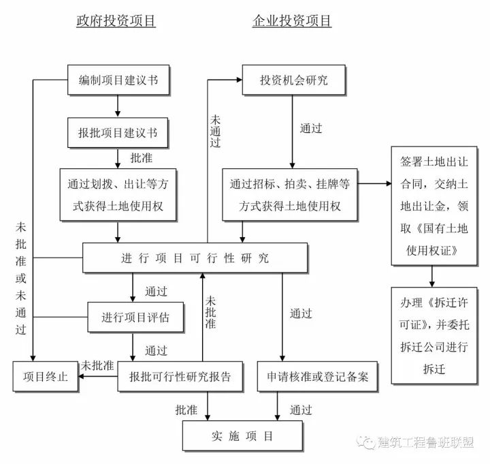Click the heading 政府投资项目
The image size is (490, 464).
tap(116, 21)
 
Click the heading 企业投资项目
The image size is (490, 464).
tap(292, 21)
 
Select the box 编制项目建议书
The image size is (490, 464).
tap(118, 80)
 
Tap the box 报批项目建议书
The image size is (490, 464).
tap(118, 132)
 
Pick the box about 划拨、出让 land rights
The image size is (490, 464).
tap(118, 195)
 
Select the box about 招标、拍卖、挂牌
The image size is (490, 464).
tap(291, 195)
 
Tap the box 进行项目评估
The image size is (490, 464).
tap(135, 317)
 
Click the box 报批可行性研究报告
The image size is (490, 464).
tap(180, 377)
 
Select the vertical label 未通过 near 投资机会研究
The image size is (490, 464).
tap(215, 131)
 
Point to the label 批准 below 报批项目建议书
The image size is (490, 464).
tap(142, 157)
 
